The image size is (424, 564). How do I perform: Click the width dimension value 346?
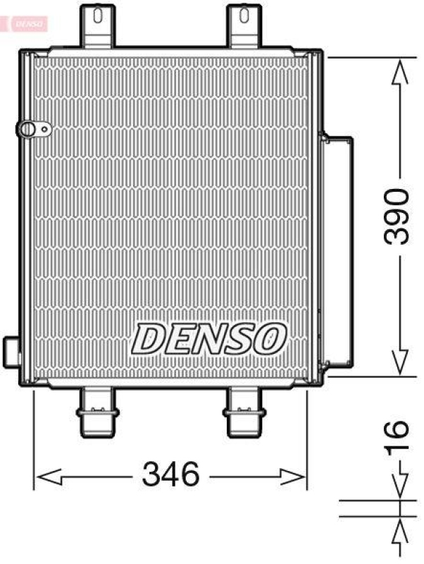point(172,474)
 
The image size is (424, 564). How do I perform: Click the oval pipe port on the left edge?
point(30,129)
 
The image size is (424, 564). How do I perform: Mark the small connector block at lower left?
point(13,350)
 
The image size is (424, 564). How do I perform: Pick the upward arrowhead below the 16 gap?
point(399,529)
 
